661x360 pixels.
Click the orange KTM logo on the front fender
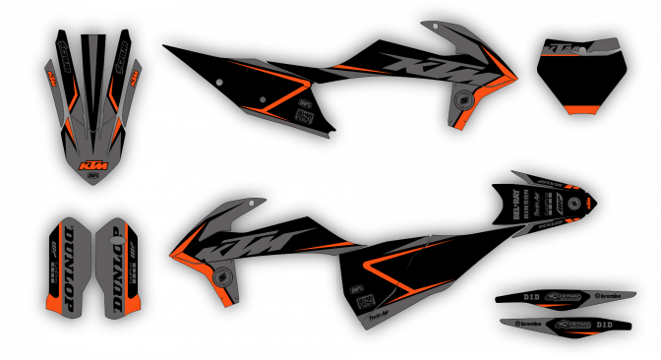pos(93,164)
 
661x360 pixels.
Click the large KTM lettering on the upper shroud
pos(440,70)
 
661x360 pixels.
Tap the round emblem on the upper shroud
pos(461,101)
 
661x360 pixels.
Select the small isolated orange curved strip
pos(580,109)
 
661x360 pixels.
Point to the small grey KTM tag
pos(564,47)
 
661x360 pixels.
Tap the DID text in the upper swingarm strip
pos(532,295)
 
